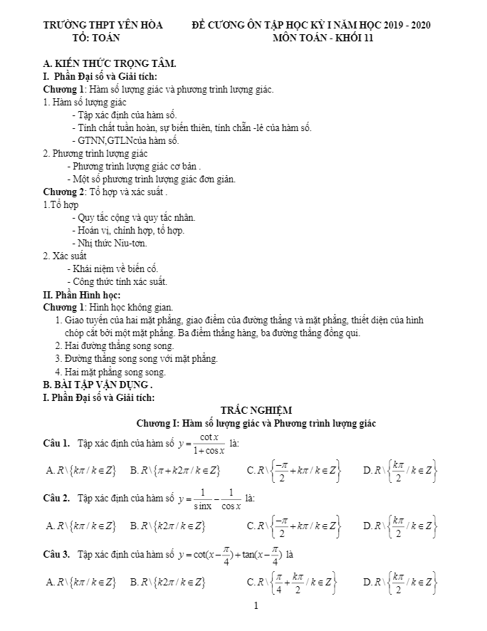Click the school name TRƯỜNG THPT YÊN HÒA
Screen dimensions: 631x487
click(103, 25)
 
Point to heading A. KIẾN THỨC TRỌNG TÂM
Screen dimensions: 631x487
click(110, 64)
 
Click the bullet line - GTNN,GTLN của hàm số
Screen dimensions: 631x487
click(125, 140)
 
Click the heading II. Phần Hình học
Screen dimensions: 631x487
click(82, 294)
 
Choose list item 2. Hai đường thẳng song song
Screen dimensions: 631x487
click(115, 345)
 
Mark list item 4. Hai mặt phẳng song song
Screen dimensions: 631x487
click(110, 371)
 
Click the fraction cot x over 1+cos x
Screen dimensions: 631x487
click(209, 443)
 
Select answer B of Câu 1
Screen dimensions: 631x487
click(175, 469)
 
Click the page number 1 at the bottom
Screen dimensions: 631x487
click(256, 607)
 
